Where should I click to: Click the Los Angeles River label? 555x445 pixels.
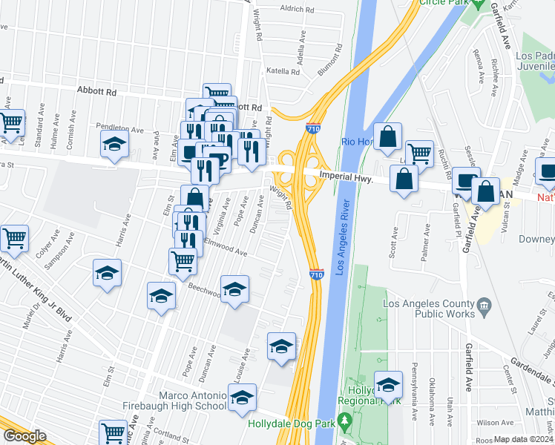(x=342, y=237)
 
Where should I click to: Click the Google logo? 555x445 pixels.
(x=24, y=435)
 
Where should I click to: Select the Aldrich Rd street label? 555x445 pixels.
(x=298, y=9)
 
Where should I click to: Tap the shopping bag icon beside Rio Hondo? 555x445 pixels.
(x=387, y=137)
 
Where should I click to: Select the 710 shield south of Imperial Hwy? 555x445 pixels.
(x=316, y=275)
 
